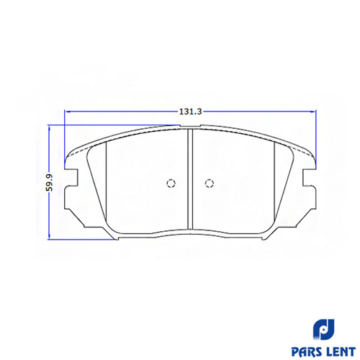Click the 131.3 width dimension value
[191, 112]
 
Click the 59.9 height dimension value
[50, 182]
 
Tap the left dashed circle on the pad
[171, 184]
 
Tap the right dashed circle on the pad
[210, 184]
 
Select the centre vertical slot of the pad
[190, 179]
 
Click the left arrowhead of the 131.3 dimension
[68, 112]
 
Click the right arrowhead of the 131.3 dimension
[312, 112]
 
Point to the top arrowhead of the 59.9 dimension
[50, 128]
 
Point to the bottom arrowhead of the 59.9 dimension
[50, 236]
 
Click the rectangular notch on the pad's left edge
[71, 177]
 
